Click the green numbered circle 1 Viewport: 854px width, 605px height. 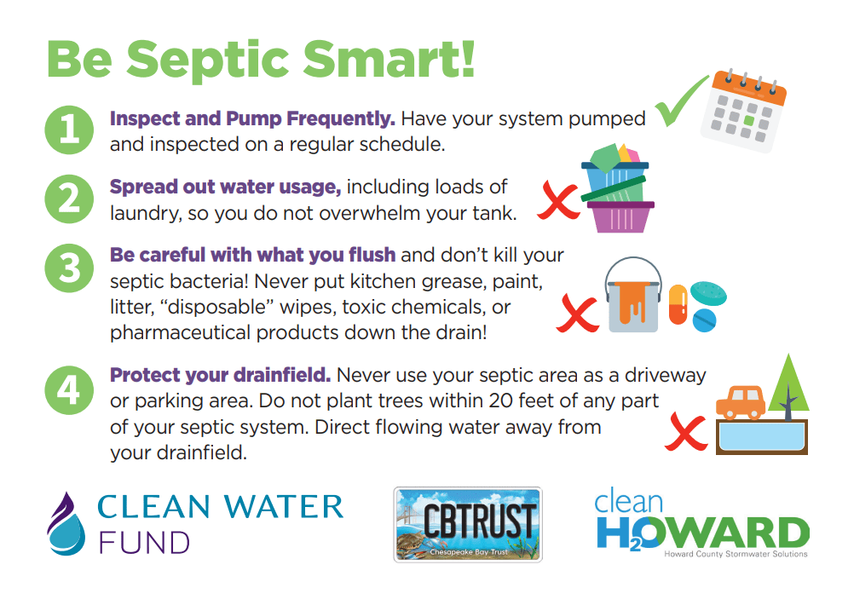(x=70, y=130)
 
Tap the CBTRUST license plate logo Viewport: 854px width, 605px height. (x=468, y=524)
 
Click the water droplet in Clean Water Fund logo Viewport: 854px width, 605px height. (x=65, y=523)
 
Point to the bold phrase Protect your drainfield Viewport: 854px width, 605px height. (x=221, y=375)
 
